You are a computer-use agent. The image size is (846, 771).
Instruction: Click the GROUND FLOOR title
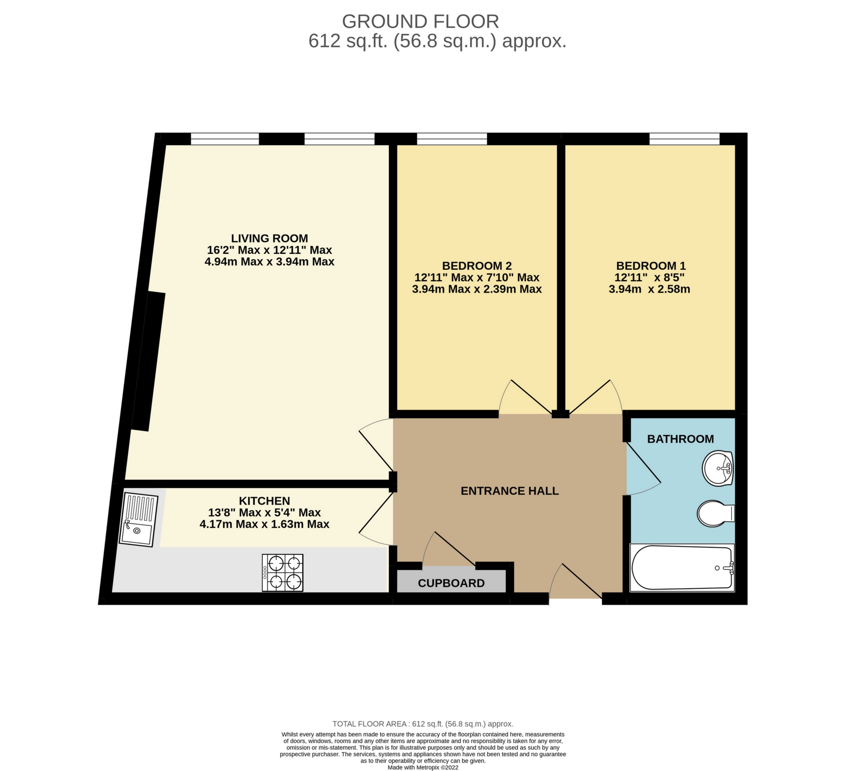[x=420, y=21]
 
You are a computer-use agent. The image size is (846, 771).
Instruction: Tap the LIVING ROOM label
[x=269, y=238]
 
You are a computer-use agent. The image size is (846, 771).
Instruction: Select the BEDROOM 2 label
[x=477, y=266]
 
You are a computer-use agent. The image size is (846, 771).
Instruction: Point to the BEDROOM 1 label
[x=651, y=266]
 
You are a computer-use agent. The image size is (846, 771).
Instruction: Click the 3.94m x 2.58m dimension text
[x=649, y=289]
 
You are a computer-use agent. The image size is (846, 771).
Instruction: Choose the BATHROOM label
[x=680, y=439]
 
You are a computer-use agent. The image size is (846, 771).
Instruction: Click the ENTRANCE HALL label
[x=509, y=490]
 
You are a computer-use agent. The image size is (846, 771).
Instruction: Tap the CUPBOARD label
[x=451, y=583]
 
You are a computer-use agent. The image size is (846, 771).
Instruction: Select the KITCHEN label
[x=264, y=500]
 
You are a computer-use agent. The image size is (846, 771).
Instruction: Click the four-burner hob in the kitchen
[x=282, y=572]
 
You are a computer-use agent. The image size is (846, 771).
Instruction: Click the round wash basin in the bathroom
[x=718, y=468]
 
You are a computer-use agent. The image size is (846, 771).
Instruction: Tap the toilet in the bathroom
[x=715, y=513]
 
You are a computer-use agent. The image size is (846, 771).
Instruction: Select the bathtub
[x=682, y=568]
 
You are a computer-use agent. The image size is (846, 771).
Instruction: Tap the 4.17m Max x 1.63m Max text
[x=264, y=524]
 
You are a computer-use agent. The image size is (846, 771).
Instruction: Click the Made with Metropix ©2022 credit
[x=422, y=767]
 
